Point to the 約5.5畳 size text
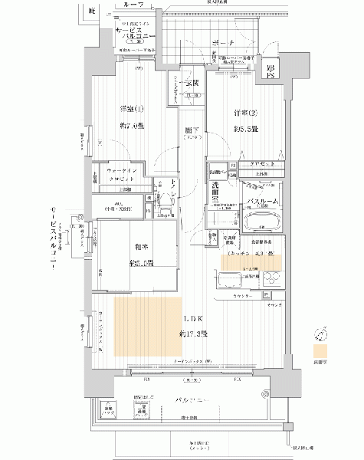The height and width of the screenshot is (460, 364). pos(245,129)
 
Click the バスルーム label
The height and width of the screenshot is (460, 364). pos(263,201)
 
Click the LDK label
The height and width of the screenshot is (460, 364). pos(193,320)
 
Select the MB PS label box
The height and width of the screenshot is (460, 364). pos(270,71)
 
